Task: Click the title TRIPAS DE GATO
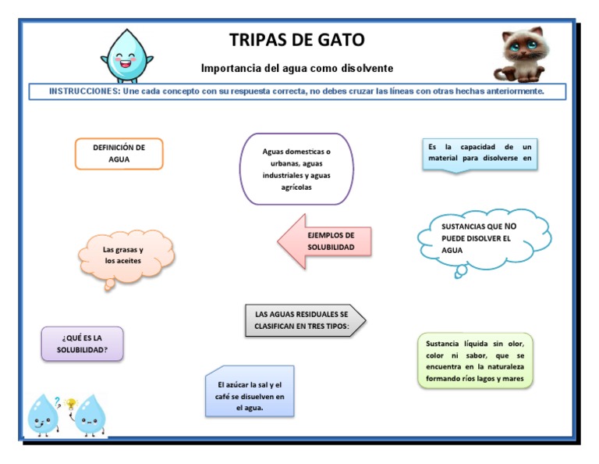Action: point(296,40)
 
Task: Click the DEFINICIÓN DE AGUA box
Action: point(119,153)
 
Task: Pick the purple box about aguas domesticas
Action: point(296,169)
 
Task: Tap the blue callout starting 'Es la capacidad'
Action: point(479,153)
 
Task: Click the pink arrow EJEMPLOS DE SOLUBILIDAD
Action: point(324,241)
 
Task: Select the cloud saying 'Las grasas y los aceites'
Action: point(126,255)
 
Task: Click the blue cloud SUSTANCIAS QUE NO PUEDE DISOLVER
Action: point(484,238)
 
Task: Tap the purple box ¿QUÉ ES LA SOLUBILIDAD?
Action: point(82,344)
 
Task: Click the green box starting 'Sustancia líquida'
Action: point(475,361)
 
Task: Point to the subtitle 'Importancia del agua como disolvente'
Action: point(296,69)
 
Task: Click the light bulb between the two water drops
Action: point(72,404)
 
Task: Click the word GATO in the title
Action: point(338,40)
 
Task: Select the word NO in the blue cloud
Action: point(510,227)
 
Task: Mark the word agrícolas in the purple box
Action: point(296,187)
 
